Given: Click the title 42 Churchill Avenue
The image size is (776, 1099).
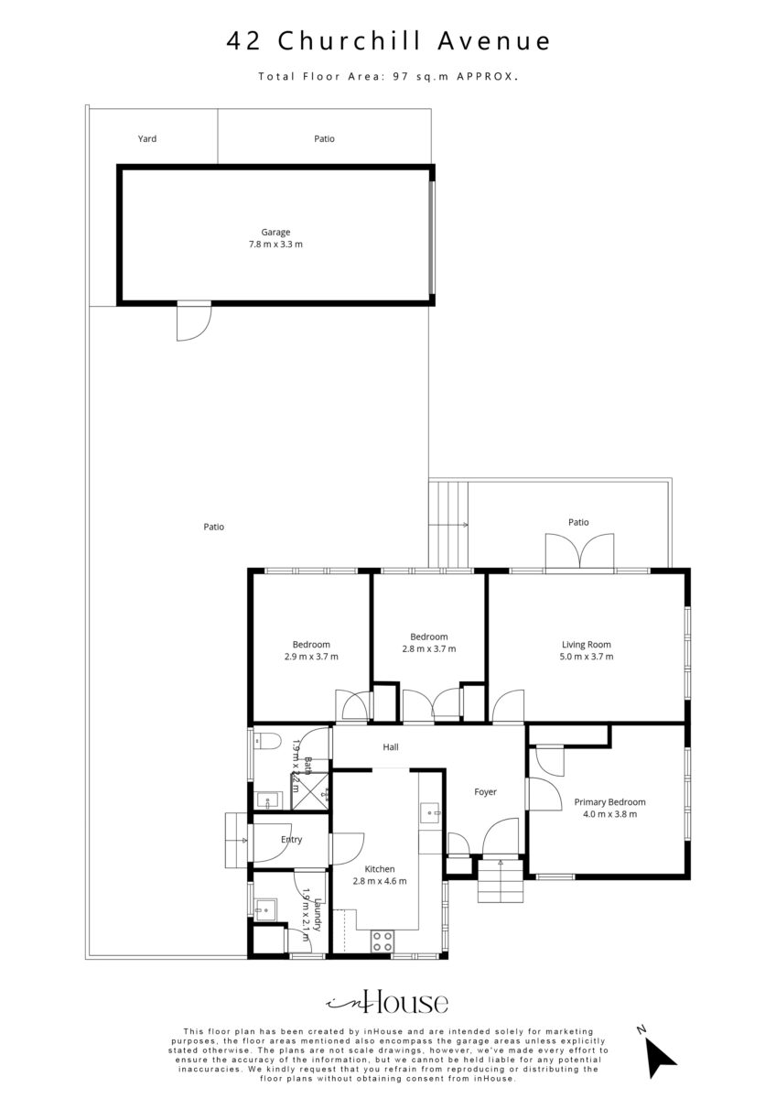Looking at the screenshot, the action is coord(388,41).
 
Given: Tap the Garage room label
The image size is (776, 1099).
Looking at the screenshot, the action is coord(275,232).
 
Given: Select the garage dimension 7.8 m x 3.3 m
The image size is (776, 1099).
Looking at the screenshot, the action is coord(275,245).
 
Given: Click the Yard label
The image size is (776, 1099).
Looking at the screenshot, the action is coord(147,139).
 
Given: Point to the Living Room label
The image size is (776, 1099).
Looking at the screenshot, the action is coord(587,645).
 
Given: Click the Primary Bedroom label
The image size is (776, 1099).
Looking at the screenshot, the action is coord(609,802).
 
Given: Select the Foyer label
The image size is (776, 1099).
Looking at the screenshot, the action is coord(485,792).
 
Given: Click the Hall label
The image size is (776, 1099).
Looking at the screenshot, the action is coord(391,747).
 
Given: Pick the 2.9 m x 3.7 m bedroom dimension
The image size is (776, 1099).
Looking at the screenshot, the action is coord(311,657).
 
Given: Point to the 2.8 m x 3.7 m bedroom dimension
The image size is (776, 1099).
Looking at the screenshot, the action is coord(429,648).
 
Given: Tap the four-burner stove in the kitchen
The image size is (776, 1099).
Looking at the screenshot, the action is coord(383,941).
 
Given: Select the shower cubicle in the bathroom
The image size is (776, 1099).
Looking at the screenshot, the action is coord(311,791).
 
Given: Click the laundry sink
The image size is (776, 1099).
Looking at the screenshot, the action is coord(265,910).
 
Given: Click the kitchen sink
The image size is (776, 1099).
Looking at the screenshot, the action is coord(431,812).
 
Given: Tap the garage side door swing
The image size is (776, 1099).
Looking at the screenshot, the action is coord(194,322).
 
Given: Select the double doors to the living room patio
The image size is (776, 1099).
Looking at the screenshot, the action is coord(579,552).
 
